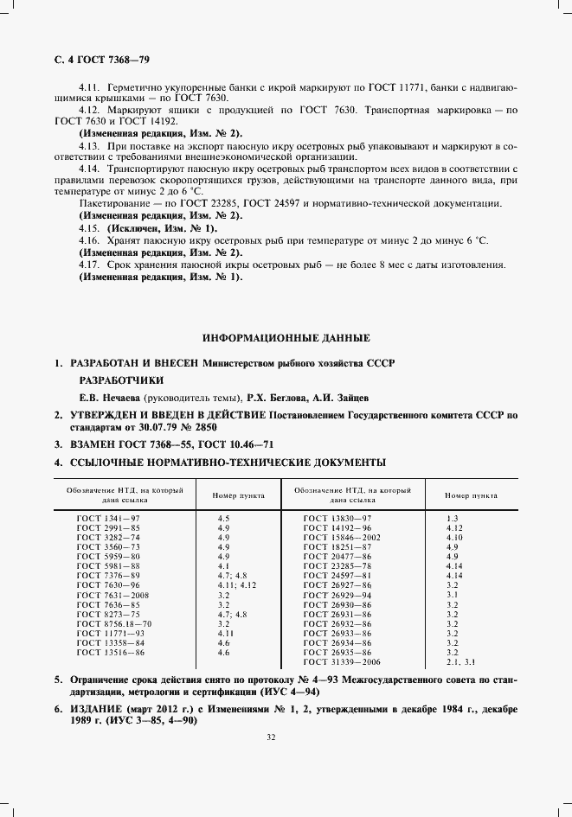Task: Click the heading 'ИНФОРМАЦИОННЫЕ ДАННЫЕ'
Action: (x=286, y=337)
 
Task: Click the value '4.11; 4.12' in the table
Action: (x=237, y=584)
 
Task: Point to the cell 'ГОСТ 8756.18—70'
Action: (x=113, y=622)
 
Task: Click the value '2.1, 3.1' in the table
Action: (x=460, y=661)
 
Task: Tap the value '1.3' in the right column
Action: (x=452, y=517)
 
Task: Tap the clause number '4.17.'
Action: (x=89, y=264)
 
